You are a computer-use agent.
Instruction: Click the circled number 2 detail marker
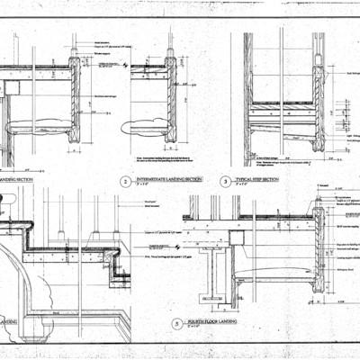[x=125, y=181]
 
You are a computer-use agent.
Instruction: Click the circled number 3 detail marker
[x=225, y=181]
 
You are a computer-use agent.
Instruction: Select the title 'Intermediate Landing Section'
[x=162, y=179]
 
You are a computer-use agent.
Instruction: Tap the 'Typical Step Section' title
[x=256, y=179]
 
